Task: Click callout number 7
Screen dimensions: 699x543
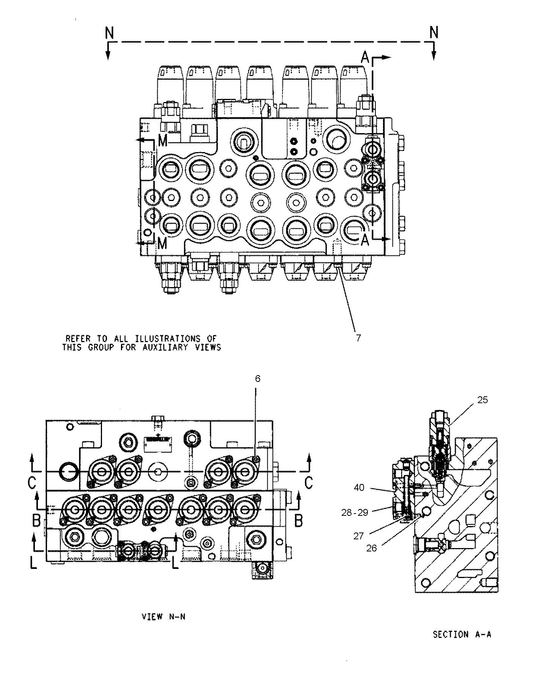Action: (x=358, y=338)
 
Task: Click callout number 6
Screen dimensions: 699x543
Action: (x=257, y=379)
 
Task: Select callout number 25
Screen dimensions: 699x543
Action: (x=482, y=400)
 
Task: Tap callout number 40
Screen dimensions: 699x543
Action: (x=359, y=487)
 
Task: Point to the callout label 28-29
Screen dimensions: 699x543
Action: (x=355, y=513)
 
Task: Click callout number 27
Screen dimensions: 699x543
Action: (x=358, y=536)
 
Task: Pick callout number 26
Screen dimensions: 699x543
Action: (x=372, y=548)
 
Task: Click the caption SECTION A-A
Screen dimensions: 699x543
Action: (x=462, y=634)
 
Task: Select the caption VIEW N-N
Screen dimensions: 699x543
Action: (x=163, y=617)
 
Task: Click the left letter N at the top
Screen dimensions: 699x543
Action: (x=109, y=33)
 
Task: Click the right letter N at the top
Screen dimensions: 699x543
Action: (x=434, y=33)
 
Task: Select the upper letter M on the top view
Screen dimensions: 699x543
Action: (x=163, y=141)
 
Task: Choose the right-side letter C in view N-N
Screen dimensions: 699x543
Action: (x=309, y=482)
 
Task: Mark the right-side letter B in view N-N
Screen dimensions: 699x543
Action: (x=299, y=520)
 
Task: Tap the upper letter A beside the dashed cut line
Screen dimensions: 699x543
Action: (x=365, y=58)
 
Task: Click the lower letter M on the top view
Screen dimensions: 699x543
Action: (x=162, y=243)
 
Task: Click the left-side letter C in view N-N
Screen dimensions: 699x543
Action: (x=32, y=482)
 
